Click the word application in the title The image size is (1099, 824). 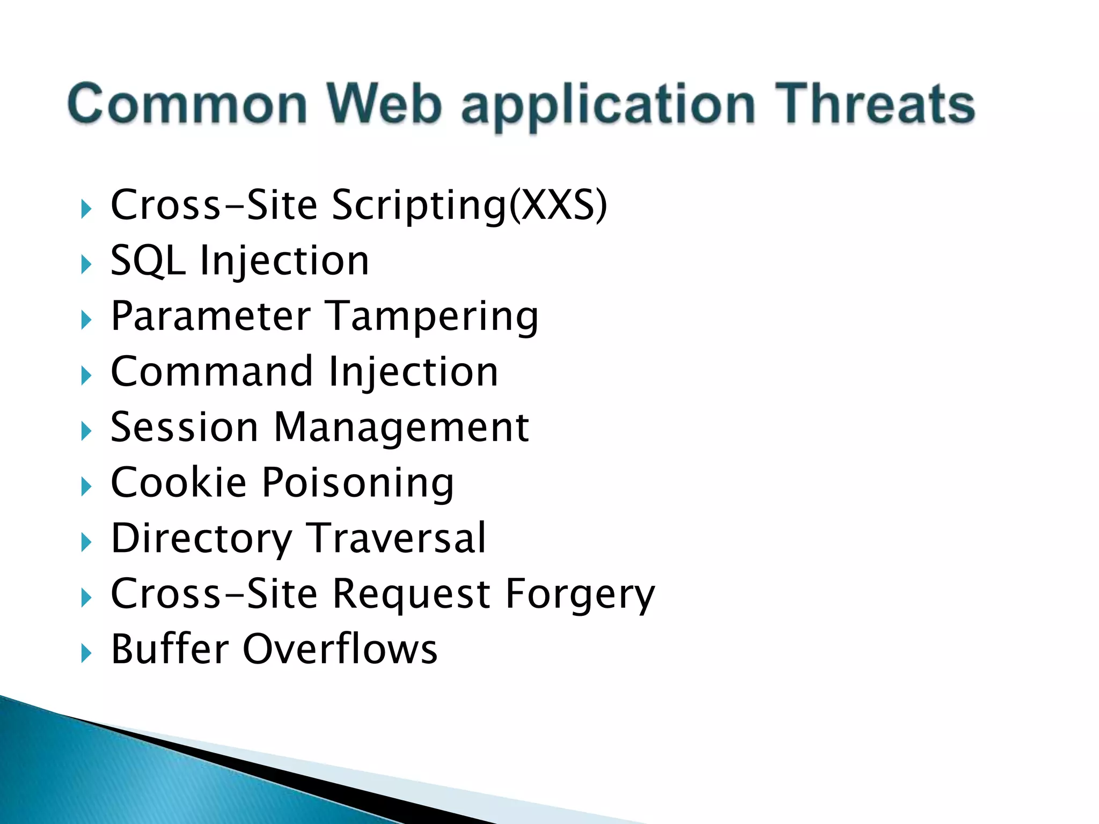click(x=608, y=106)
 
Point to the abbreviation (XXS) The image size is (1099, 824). click(x=558, y=205)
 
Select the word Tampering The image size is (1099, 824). click(x=433, y=317)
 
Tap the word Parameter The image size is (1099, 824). click(x=210, y=316)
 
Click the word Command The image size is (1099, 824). click(x=211, y=371)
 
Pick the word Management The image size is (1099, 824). click(x=401, y=428)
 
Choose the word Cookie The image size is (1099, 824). click(x=178, y=482)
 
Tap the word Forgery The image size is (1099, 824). click(x=580, y=595)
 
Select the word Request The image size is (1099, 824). click(x=411, y=595)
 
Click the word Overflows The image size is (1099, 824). click(x=340, y=649)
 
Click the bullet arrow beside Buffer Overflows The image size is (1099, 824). click(x=86, y=653)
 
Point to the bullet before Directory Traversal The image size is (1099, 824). click(x=86, y=542)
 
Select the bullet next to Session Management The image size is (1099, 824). click(x=86, y=431)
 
